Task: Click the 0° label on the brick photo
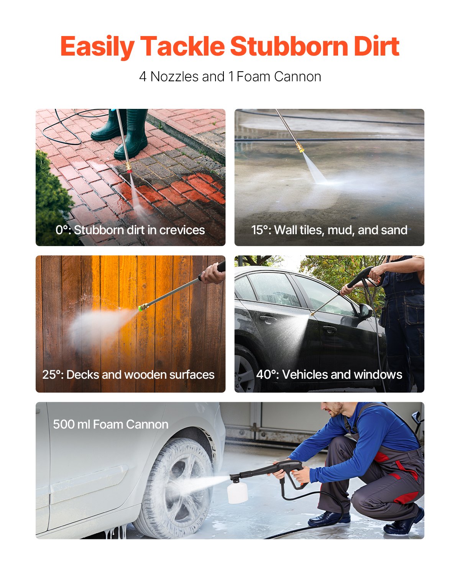63,230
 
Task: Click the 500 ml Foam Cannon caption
110,424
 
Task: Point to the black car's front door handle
329,329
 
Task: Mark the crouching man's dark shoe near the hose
329,519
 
